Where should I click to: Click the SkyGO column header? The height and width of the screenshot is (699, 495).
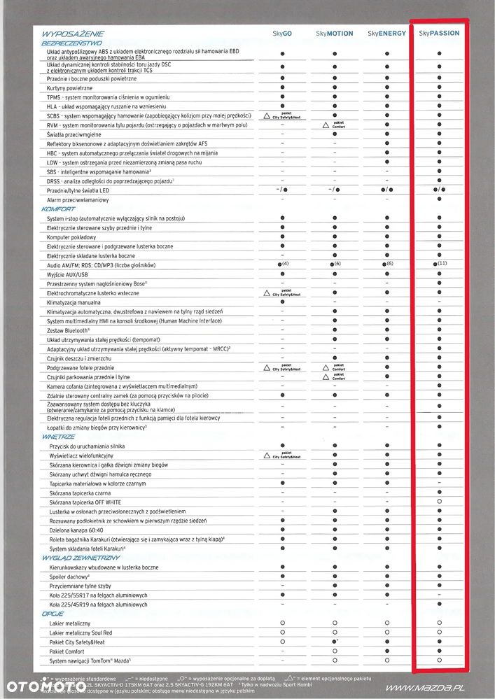[x=282, y=33]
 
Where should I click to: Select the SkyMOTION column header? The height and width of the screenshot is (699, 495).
[x=335, y=33]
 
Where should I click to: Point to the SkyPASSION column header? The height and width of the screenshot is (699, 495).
[x=439, y=33]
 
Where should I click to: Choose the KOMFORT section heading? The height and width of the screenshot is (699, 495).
[x=58, y=209]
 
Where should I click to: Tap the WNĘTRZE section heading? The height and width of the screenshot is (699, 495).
[x=57, y=436]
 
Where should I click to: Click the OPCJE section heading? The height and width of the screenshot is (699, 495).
[x=53, y=613]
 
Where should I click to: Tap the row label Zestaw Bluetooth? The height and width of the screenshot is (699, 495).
[x=70, y=330]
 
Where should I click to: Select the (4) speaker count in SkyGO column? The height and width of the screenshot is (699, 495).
[x=286, y=264]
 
